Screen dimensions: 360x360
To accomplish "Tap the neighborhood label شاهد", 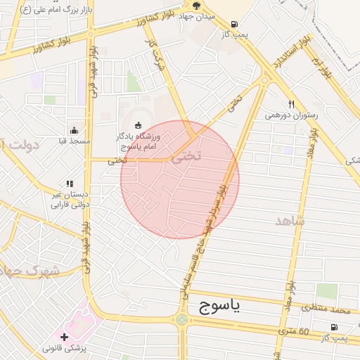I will pyautogui.click(x=290, y=221).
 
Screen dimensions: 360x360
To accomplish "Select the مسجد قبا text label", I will pyautogui.click(x=75, y=141).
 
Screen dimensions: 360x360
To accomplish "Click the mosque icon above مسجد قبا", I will pyautogui.click(x=75, y=130).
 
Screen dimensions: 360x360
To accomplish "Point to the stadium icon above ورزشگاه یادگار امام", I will pyautogui.click(x=138, y=125).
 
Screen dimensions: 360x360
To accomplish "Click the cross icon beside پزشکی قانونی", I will pyautogui.click(x=65, y=337).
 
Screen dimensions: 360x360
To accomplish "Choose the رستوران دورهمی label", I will pyautogui.click(x=291, y=115).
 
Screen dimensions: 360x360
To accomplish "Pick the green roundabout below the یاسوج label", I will pyautogui.click(x=182, y=319).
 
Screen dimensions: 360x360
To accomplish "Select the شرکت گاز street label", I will pyautogui.click(x=153, y=53).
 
